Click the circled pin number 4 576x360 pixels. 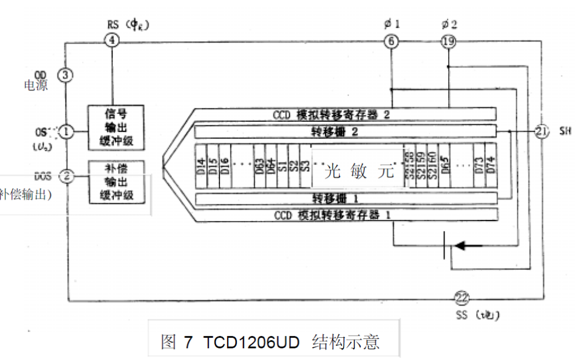(112, 41)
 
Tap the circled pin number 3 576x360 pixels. (66, 76)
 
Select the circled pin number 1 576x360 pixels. (67, 131)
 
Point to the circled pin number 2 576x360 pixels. (67, 175)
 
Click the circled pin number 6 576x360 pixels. (391, 41)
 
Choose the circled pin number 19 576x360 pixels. (448, 41)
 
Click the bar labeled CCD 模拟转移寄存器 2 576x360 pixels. (340, 114)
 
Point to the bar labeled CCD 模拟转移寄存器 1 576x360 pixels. (340, 215)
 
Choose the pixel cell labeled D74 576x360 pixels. (490, 165)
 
